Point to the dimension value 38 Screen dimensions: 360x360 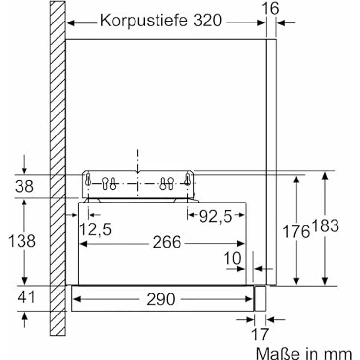tap(24, 186)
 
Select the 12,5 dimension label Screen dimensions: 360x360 tap(95, 228)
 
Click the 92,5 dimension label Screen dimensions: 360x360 tap(216, 215)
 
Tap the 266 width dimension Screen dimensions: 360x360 tap(167, 242)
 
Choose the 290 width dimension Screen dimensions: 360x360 tap(161, 299)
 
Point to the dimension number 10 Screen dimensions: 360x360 tap(233, 258)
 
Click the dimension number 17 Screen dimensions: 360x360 tap(260, 335)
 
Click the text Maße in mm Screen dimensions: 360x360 tap(303, 352)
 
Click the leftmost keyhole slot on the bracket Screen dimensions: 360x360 tap(88, 180)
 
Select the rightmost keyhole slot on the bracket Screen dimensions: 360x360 tap(187, 180)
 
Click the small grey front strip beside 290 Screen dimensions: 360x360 tap(260, 299)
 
